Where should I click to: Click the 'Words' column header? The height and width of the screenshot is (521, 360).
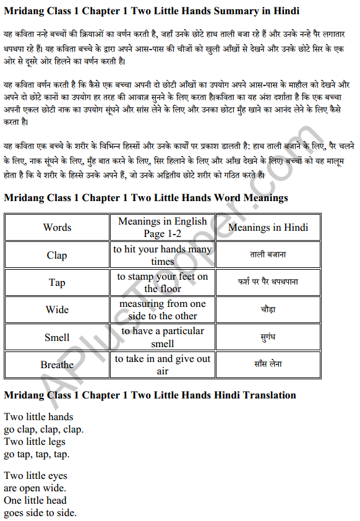57,227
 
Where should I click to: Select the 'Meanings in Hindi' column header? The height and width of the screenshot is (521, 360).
268,227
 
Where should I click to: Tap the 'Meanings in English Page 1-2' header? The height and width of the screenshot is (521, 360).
163,227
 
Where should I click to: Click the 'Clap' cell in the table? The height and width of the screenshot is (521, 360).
57,255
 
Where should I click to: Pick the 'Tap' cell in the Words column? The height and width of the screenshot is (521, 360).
57,282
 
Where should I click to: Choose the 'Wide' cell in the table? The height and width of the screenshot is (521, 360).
57,309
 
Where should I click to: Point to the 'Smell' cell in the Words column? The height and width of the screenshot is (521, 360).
57,337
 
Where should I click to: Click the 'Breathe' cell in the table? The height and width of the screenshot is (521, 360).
57,364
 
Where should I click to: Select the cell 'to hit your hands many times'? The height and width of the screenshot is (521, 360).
163,255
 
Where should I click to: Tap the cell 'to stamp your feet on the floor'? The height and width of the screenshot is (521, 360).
163,282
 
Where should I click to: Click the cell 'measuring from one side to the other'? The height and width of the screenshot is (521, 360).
163,309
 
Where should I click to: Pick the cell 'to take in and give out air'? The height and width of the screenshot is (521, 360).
163,364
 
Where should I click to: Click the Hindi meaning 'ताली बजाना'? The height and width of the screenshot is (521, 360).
268,255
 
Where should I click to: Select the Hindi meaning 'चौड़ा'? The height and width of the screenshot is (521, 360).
268,309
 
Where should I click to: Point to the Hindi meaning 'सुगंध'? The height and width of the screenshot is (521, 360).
268,337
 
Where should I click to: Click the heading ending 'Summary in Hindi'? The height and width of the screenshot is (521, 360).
152,11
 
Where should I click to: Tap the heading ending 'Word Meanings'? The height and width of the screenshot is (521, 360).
146,198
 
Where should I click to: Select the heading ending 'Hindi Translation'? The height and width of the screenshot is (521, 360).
150,395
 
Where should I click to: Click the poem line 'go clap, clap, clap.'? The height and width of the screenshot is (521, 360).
43,429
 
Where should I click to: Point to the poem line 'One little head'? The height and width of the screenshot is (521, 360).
35,500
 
